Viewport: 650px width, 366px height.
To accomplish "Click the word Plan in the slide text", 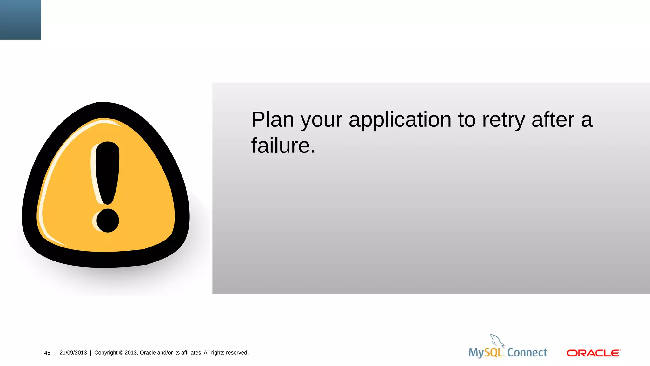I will [273, 120].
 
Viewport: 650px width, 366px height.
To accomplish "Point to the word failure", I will [283, 146].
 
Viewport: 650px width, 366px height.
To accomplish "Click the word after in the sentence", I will [553, 120].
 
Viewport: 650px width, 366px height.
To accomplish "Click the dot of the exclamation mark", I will [108, 220].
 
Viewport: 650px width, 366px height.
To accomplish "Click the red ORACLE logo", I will [594, 353].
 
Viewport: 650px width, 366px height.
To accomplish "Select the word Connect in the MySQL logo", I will [527, 352].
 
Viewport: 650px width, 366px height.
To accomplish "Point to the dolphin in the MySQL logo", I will [497, 341].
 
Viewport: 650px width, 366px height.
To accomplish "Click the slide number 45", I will [47, 353].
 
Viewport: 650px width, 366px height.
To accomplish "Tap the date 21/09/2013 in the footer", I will [73, 353].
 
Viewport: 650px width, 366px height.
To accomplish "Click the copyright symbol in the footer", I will [121, 353].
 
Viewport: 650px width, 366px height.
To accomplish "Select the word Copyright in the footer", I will [106, 353].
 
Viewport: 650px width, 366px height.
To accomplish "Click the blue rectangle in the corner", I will [20, 20].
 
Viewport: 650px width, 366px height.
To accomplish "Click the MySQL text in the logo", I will [486, 353].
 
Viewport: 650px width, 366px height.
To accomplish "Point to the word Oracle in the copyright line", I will [148, 353].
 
